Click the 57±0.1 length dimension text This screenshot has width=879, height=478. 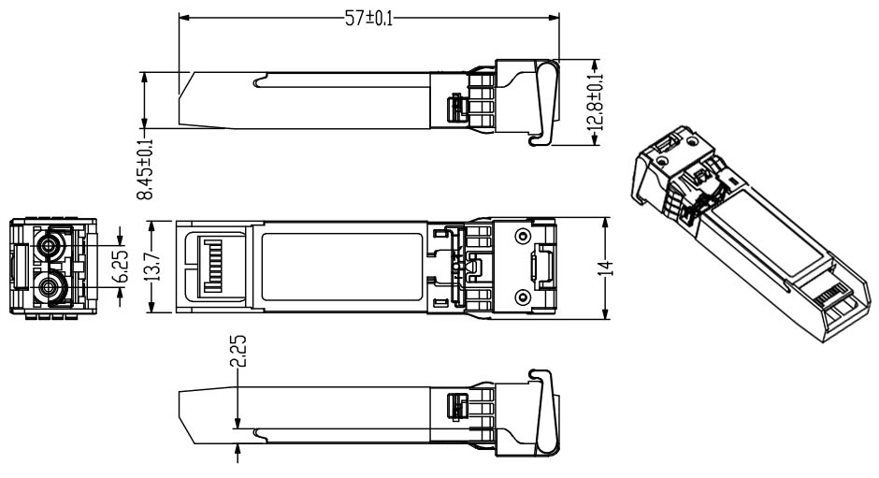point(368,18)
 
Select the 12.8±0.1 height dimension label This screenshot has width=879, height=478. point(596,102)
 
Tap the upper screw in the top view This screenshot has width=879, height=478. point(522,234)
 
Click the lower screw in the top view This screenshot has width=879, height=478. point(522,297)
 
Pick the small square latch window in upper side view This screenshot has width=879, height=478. point(456,108)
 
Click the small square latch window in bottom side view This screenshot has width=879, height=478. point(457,408)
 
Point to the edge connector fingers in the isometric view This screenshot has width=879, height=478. point(835,298)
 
